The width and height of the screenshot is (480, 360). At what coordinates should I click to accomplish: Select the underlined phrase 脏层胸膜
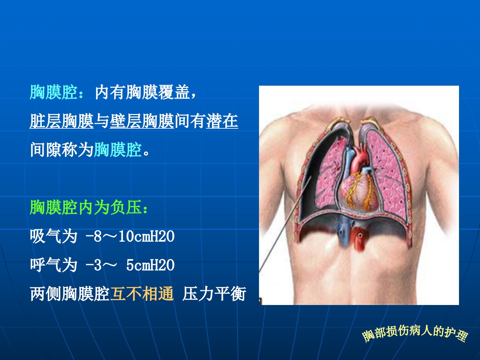[62, 121]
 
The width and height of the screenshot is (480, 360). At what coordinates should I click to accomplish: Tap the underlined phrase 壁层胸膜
[142, 121]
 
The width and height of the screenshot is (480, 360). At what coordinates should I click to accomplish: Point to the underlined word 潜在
[222, 121]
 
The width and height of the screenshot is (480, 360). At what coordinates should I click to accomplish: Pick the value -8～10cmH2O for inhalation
[130, 236]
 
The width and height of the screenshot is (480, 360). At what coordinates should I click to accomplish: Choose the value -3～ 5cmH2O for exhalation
[130, 265]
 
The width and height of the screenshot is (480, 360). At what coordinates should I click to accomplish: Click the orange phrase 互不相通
[142, 294]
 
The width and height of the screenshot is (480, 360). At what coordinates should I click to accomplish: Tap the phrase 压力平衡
[214, 294]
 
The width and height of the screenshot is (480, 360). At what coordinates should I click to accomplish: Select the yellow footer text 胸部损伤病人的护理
[415, 334]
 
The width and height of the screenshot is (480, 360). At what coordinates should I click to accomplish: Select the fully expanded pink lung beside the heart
[387, 173]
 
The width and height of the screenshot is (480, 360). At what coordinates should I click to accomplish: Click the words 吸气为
[54, 236]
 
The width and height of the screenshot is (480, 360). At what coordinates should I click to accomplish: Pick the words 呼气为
[54, 265]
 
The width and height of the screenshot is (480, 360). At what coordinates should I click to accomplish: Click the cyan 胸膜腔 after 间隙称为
[118, 150]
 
